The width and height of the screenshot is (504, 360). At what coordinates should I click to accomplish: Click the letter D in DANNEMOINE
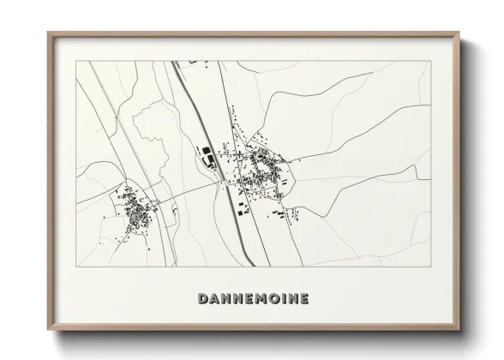click(203, 299)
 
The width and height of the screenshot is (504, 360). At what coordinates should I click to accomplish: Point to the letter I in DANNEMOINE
click(281, 299)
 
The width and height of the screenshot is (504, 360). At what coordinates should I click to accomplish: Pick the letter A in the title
click(216, 299)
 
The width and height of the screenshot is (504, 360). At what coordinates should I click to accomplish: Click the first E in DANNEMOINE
click(243, 299)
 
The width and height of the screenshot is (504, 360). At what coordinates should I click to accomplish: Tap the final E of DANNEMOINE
click(304, 299)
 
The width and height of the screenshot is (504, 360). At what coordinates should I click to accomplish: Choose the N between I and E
click(291, 299)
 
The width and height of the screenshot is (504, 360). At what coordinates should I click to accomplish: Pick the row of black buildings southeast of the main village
click(276, 207)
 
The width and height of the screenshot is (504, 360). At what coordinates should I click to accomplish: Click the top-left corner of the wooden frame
click(48, 33)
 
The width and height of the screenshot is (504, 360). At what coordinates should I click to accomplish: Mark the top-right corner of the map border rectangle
click(429, 61)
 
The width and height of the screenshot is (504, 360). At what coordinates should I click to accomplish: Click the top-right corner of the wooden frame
click(462, 33)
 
